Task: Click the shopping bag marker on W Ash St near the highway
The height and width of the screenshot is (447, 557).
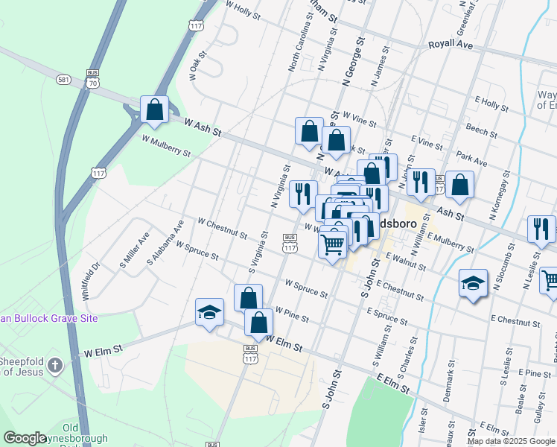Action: coord(154,110)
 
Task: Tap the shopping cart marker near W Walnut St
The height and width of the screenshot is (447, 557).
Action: coord(332,243)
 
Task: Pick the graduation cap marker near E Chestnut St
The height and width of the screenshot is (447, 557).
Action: coord(473,283)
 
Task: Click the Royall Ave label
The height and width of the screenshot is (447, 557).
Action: coord(451,45)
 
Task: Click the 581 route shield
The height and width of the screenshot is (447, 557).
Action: coord(63,78)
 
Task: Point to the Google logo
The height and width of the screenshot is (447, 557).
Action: coord(25,438)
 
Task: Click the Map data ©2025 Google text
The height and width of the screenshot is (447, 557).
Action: coord(512,441)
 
